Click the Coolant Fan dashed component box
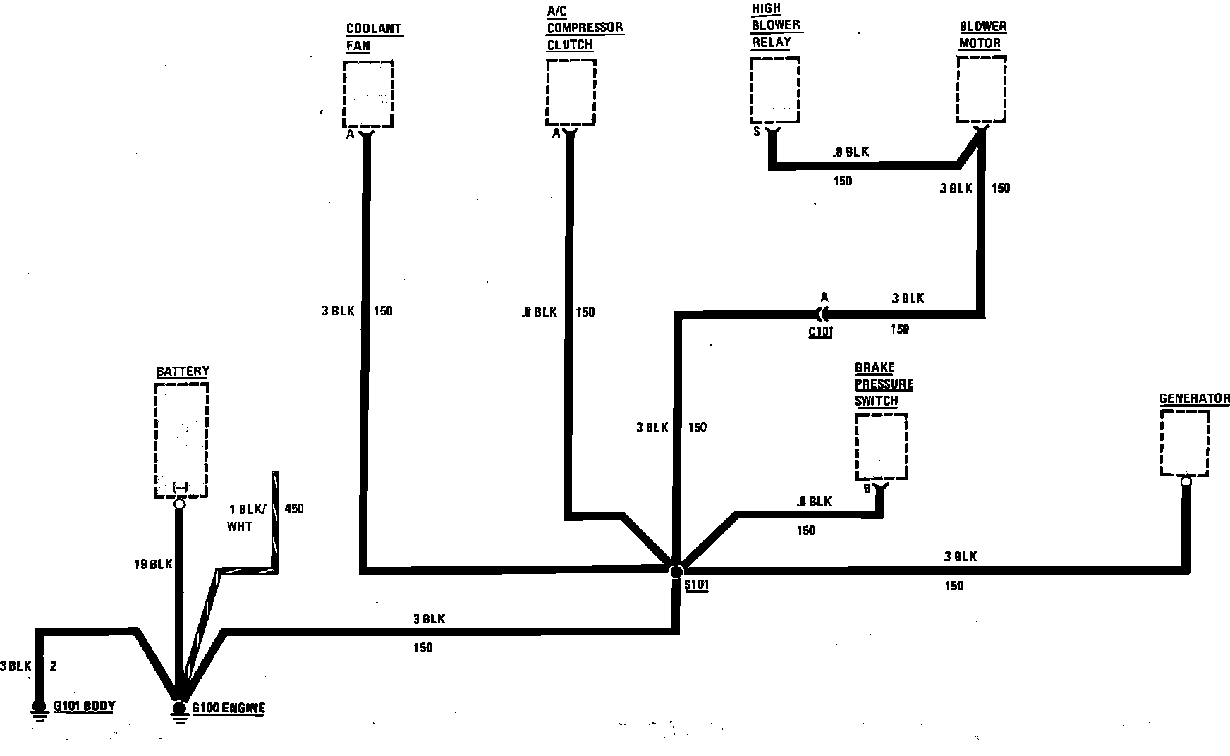[367, 93]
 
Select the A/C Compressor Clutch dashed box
[571, 92]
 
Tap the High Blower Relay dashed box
[774, 90]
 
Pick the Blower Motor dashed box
[981, 90]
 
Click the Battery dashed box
[181, 440]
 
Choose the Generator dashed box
[1185, 444]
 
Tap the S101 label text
[696, 585]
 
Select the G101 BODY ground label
[84, 706]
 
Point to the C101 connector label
[820, 331]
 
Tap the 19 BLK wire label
[153, 564]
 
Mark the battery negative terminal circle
[179, 504]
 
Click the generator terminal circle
[1186, 482]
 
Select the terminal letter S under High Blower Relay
[757, 131]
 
